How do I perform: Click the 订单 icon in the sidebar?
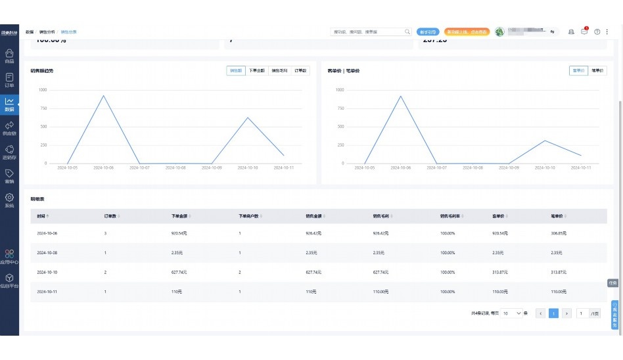click(x=9, y=78)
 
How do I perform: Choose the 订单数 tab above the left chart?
click(x=300, y=70)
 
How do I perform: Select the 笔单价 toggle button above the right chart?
click(x=597, y=70)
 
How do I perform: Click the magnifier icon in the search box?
click(x=407, y=32)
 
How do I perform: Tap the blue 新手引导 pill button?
click(x=428, y=32)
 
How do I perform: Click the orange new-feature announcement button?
click(x=467, y=32)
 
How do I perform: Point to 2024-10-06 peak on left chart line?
click(x=103, y=96)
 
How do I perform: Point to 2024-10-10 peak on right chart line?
click(x=545, y=141)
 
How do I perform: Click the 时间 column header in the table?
click(x=42, y=215)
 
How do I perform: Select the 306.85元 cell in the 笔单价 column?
click(x=559, y=233)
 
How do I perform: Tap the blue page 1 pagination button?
click(x=553, y=313)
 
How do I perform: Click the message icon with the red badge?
click(x=584, y=32)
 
